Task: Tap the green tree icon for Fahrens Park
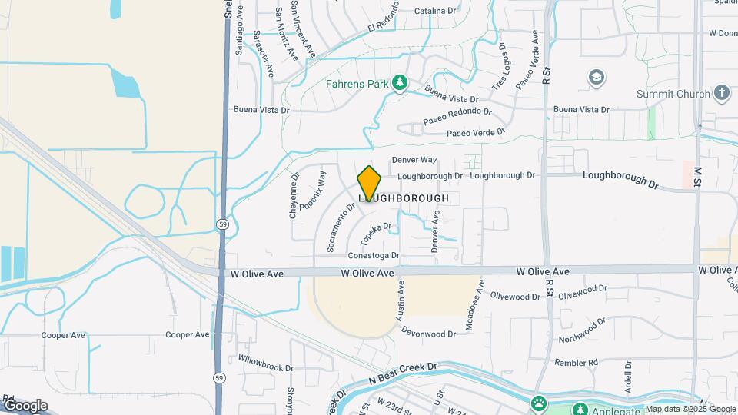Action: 399,82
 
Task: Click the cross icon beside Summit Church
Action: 721,94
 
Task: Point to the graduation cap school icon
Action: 596,78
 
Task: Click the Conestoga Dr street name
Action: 374,255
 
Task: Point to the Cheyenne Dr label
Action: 294,195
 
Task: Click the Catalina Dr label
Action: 435,11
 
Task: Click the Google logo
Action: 25,406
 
